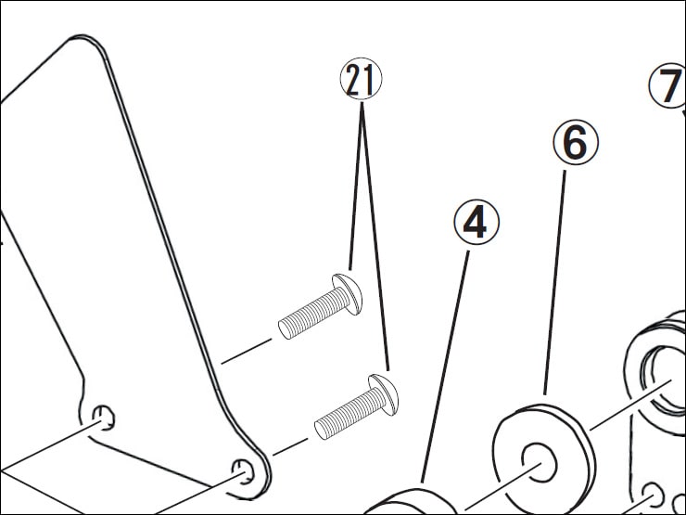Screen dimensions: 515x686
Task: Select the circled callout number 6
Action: pyautogui.click(x=576, y=143)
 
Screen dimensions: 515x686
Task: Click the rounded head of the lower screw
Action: pyautogui.click(x=384, y=397)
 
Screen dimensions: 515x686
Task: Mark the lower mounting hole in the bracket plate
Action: pyautogui.click(x=244, y=473)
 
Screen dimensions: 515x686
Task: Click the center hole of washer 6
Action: pyautogui.click(x=536, y=458)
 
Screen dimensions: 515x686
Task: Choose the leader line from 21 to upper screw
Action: pyautogui.click(x=356, y=186)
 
